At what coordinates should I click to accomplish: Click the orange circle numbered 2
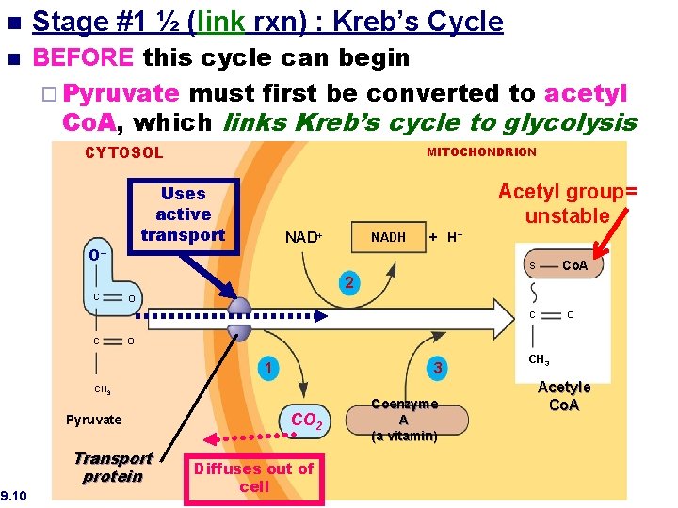click(348, 282)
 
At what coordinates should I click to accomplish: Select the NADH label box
click(388, 237)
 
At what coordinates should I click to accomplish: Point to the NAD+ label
click(303, 238)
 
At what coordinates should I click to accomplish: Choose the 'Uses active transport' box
click(183, 214)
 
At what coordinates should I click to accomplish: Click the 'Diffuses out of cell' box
click(253, 477)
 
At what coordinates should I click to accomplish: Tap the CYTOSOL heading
click(124, 152)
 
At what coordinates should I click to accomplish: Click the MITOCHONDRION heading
click(481, 151)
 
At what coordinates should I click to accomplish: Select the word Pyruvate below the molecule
click(94, 420)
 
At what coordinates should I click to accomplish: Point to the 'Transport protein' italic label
click(113, 468)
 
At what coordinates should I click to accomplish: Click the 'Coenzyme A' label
click(403, 411)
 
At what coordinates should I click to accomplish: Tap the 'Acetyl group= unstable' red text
click(567, 203)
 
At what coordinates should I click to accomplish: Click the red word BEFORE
click(84, 58)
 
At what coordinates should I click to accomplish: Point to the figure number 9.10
click(14, 495)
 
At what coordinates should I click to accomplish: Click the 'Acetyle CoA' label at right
click(564, 396)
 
